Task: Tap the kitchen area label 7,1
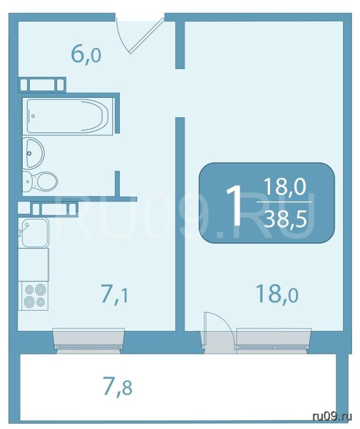[x=115, y=294]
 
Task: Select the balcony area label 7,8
[x=117, y=386]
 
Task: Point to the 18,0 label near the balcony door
[x=277, y=294]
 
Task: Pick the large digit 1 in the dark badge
[x=234, y=205]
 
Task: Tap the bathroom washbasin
[x=33, y=152]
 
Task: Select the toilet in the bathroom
[x=40, y=181]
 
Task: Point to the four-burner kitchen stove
[x=33, y=296]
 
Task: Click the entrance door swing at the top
[x=140, y=35]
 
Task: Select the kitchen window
[x=88, y=340]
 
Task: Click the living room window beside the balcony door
[x=274, y=340]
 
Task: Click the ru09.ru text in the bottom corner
[x=332, y=417]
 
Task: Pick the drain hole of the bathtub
[x=33, y=116]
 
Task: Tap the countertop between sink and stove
[x=33, y=264]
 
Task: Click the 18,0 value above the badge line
[x=285, y=186]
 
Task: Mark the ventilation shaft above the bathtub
[x=42, y=84]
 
